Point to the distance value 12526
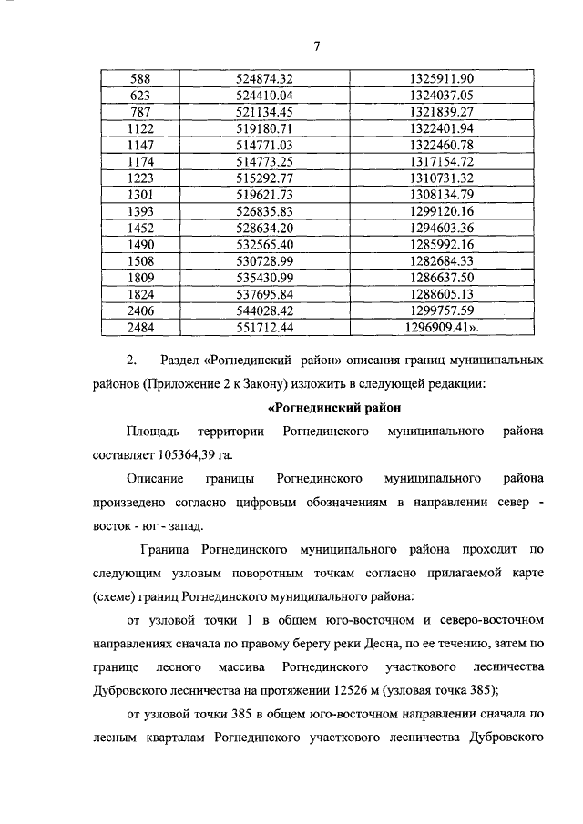pos(374,690)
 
